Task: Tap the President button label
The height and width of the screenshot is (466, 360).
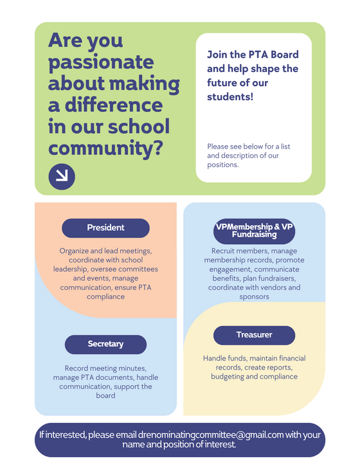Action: click(x=105, y=228)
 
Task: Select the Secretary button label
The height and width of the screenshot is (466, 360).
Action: click(x=105, y=344)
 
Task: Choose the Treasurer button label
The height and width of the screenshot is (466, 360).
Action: click(x=254, y=335)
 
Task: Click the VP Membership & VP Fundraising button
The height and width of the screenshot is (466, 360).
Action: click(x=254, y=231)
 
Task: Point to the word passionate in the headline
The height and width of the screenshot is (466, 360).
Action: click(x=101, y=63)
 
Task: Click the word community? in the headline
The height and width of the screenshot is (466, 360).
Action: click(x=105, y=148)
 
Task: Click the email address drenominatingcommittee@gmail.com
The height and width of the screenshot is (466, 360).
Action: click(x=211, y=435)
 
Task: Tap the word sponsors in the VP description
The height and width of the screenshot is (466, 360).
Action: click(x=254, y=297)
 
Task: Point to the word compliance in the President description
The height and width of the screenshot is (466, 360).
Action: click(x=105, y=297)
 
